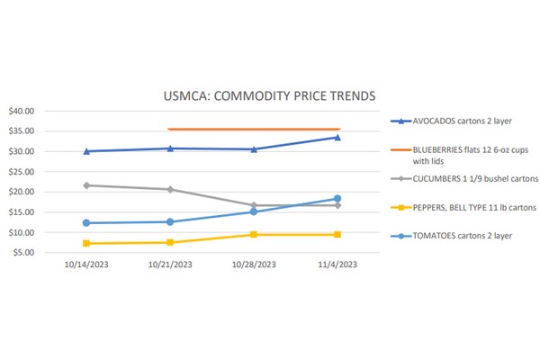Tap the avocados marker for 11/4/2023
[337, 137]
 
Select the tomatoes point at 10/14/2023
[86, 222]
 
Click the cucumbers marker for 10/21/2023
[170, 189]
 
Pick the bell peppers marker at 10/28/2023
[254, 234]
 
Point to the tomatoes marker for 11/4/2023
[337, 198]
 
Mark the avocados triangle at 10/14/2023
[86, 151]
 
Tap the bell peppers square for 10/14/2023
[86, 243]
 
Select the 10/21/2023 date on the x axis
[170, 265]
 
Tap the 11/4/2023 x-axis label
[337, 265]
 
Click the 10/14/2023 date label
[86, 265]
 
